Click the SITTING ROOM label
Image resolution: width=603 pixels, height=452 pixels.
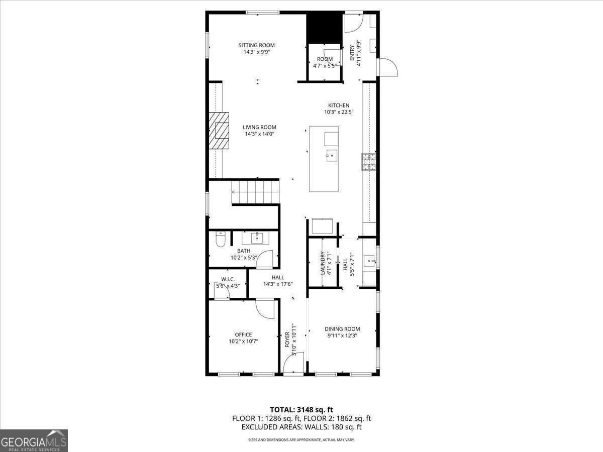(x=256, y=45)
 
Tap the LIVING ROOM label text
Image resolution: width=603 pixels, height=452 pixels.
(x=259, y=127)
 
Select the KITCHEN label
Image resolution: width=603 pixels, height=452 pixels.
(x=339, y=105)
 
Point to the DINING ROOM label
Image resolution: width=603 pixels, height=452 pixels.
(x=342, y=329)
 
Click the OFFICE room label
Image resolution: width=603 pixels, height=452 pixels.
(x=243, y=334)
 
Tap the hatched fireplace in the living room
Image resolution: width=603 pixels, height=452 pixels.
(x=220, y=131)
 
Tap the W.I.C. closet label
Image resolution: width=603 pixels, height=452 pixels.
(x=228, y=279)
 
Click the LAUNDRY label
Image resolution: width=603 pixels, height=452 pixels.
(x=323, y=263)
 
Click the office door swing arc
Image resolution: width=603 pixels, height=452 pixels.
(x=265, y=308)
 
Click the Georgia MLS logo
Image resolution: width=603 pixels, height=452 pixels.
(x=34, y=440)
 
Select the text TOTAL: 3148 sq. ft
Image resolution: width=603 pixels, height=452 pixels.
(x=301, y=410)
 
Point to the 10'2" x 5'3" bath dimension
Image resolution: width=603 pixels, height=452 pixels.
(x=244, y=258)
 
